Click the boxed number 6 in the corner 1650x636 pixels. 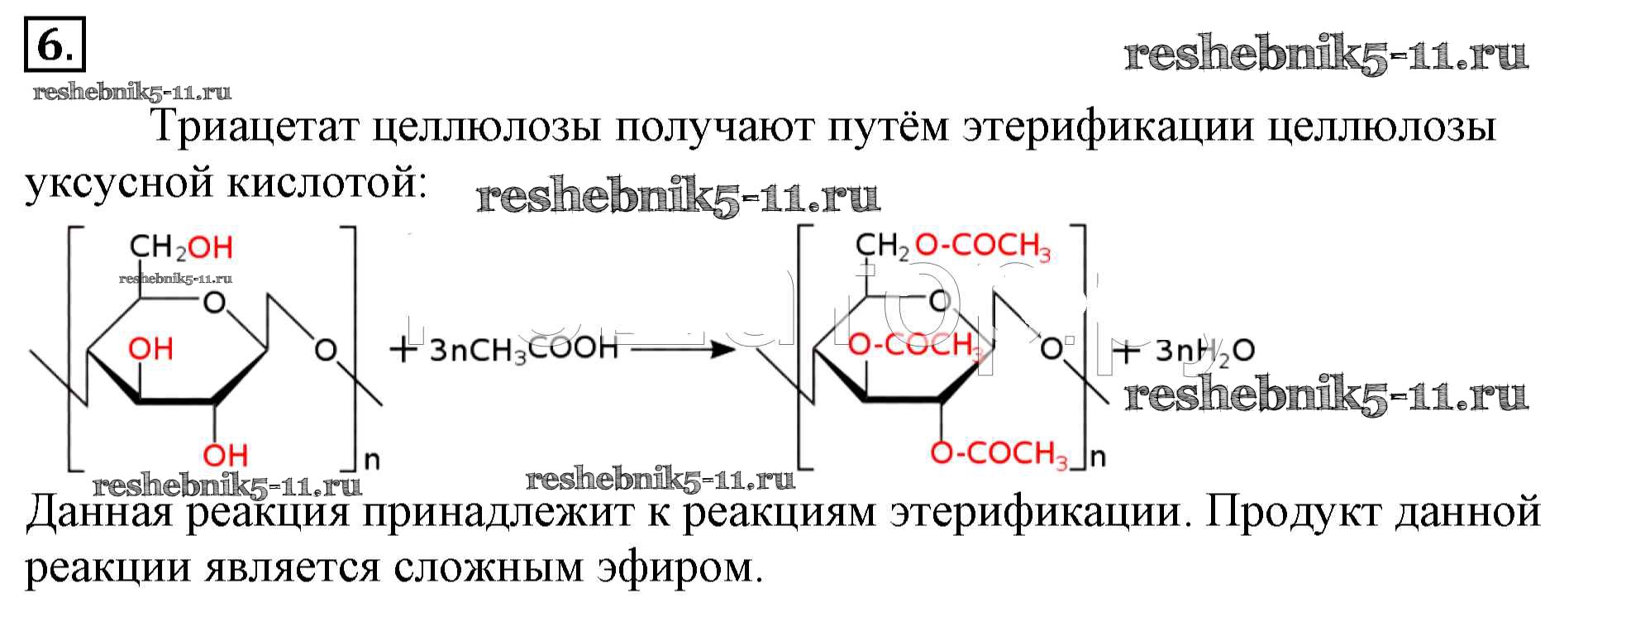(54, 46)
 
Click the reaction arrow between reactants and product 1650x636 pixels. (682, 349)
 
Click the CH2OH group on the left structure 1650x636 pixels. (181, 247)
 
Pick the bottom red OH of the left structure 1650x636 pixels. (225, 454)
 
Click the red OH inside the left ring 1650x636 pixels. (150, 349)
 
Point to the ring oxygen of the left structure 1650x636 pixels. (214, 303)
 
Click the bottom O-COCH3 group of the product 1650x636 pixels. (999, 453)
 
